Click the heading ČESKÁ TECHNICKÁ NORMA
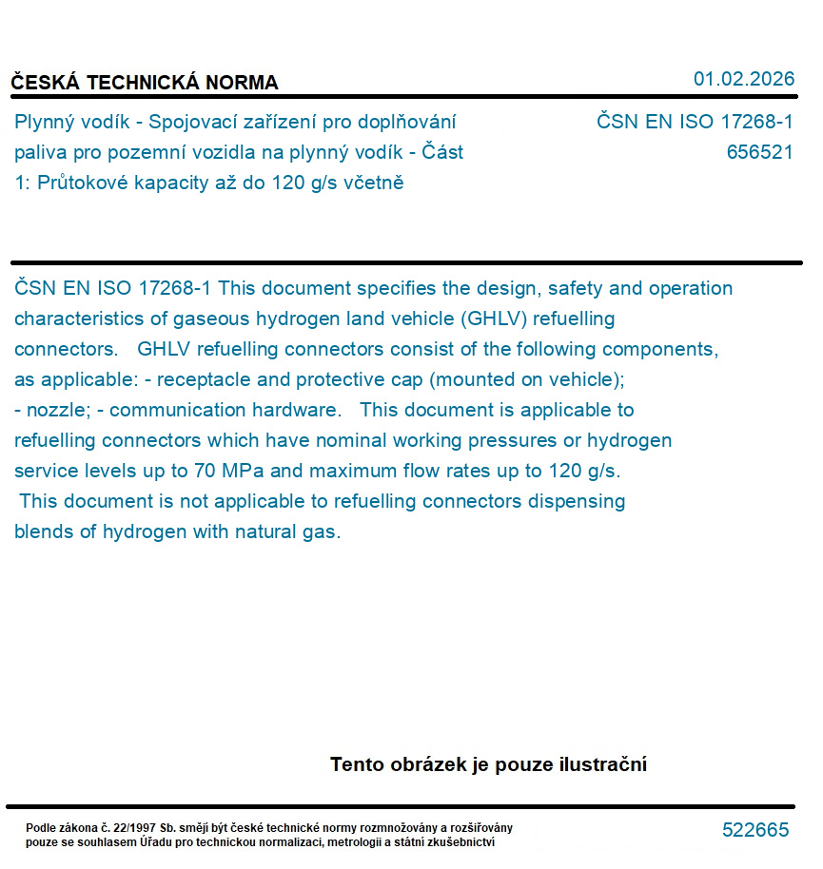coord(145,83)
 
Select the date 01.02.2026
coord(743,79)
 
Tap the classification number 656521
coord(759,152)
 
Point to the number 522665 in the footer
coord(755,830)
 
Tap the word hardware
coord(296,410)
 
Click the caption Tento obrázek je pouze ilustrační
coord(488,764)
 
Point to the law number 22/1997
coord(138,828)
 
